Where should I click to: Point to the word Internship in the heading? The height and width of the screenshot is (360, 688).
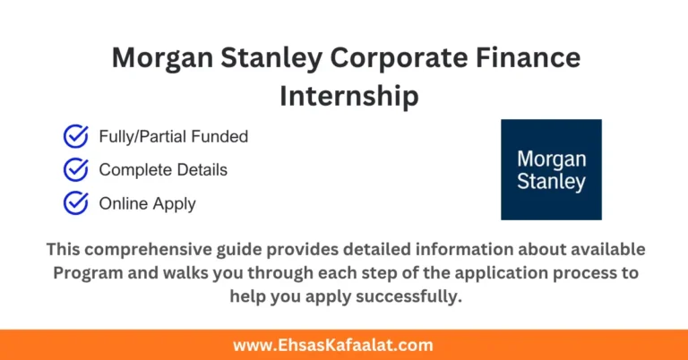[x=349, y=95]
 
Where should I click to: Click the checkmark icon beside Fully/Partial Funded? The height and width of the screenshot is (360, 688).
[x=75, y=137]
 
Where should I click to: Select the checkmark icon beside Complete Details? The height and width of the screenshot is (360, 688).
[x=75, y=169]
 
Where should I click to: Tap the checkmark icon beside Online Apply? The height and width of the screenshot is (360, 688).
[x=75, y=203]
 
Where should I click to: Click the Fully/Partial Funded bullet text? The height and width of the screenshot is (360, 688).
[x=173, y=137]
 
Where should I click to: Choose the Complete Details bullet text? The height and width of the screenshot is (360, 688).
[x=163, y=169]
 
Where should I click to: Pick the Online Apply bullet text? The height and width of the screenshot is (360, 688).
[x=147, y=203]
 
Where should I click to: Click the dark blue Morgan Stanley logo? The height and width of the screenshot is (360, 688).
[x=551, y=169]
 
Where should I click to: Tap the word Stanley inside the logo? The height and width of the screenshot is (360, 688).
[x=551, y=182]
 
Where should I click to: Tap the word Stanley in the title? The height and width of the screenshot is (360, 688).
[x=271, y=59]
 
